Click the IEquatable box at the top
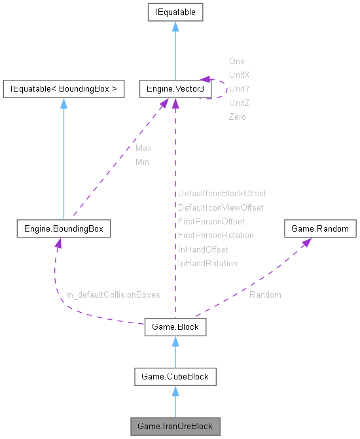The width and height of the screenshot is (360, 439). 175,12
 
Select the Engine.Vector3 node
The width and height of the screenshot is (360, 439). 175,88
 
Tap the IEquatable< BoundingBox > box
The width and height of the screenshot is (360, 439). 63,88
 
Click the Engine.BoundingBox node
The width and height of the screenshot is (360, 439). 63,229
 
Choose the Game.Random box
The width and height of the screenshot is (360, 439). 320,229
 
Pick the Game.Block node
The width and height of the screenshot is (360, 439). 175,326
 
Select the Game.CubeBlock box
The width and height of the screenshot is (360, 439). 175,376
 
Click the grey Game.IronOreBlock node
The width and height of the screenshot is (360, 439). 175,426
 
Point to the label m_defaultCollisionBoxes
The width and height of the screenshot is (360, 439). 113,295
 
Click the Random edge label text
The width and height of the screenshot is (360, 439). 265,295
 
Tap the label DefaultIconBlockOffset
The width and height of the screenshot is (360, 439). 222,194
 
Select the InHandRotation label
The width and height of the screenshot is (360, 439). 207,263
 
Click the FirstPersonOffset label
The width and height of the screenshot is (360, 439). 211,222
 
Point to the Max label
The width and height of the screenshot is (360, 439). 143,149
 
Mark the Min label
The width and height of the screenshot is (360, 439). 142,162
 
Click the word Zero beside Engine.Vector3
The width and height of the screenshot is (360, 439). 237,116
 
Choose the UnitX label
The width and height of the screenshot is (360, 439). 239,75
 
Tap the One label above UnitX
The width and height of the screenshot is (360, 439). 236,61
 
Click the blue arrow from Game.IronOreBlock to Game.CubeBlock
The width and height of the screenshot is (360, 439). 175,401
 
